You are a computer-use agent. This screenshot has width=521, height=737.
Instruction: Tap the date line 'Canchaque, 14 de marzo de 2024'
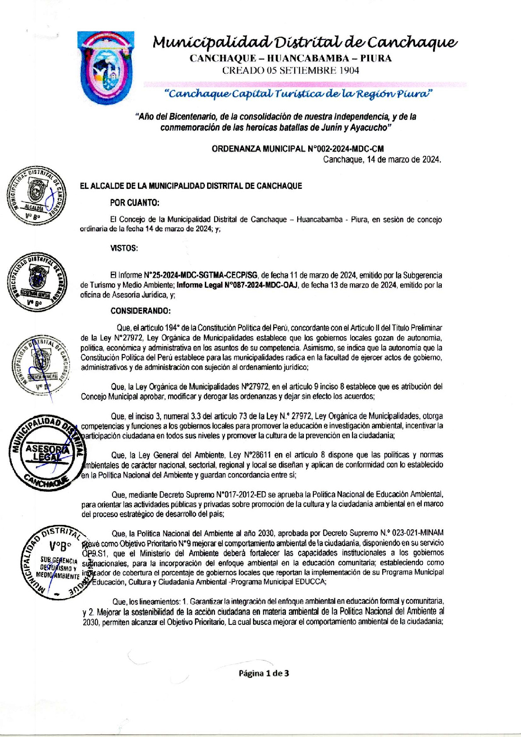click(x=382, y=159)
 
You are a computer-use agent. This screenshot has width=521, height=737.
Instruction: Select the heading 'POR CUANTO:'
click(x=135, y=203)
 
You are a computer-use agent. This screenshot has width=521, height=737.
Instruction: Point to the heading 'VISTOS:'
click(x=124, y=248)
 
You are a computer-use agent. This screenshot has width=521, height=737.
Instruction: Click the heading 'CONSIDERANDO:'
click(x=141, y=311)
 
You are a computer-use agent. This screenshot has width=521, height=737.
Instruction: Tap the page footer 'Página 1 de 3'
click(x=264, y=673)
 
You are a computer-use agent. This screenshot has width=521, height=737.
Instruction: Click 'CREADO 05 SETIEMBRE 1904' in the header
click(x=290, y=70)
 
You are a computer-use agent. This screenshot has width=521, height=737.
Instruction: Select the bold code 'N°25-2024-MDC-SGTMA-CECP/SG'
click(x=201, y=275)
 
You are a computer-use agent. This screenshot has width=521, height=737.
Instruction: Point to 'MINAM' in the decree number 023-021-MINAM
click(x=431, y=533)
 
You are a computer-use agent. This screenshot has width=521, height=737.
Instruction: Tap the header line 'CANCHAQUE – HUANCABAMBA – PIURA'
click(x=290, y=58)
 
